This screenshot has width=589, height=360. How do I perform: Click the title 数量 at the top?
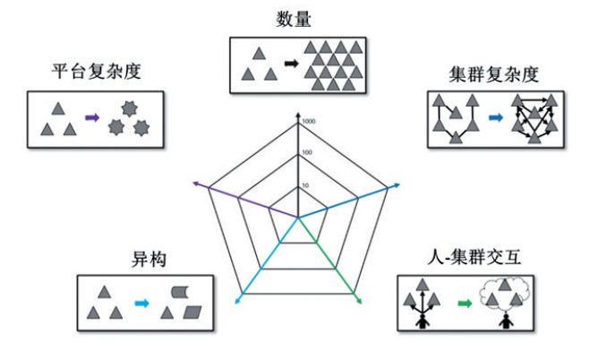click(x=295, y=19)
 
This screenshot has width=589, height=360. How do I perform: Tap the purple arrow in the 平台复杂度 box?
click(x=91, y=117)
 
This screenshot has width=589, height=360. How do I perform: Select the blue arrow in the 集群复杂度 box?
click(x=497, y=117)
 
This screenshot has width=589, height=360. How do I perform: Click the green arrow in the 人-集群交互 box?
click(x=464, y=304)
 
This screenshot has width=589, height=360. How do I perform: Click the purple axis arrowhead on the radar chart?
click(x=197, y=184)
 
